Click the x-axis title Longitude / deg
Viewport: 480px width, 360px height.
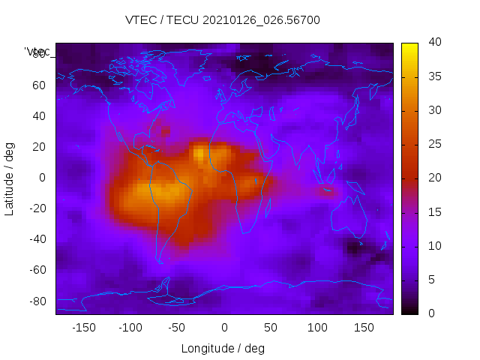[223, 349]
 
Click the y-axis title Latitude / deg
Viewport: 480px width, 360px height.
[10, 178]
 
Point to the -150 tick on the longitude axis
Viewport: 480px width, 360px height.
[84, 328]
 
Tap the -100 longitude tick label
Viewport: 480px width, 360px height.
[130, 328]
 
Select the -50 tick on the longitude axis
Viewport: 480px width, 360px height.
[177, 328]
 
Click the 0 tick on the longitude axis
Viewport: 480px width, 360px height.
[224, 328]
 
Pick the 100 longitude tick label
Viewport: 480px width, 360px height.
[318, 328]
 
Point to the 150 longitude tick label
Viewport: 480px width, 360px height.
[364, 328]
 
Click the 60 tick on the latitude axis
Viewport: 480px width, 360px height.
[40, 85]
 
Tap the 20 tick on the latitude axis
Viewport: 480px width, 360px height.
[40, 147]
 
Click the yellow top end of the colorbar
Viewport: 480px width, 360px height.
[409, 46]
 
